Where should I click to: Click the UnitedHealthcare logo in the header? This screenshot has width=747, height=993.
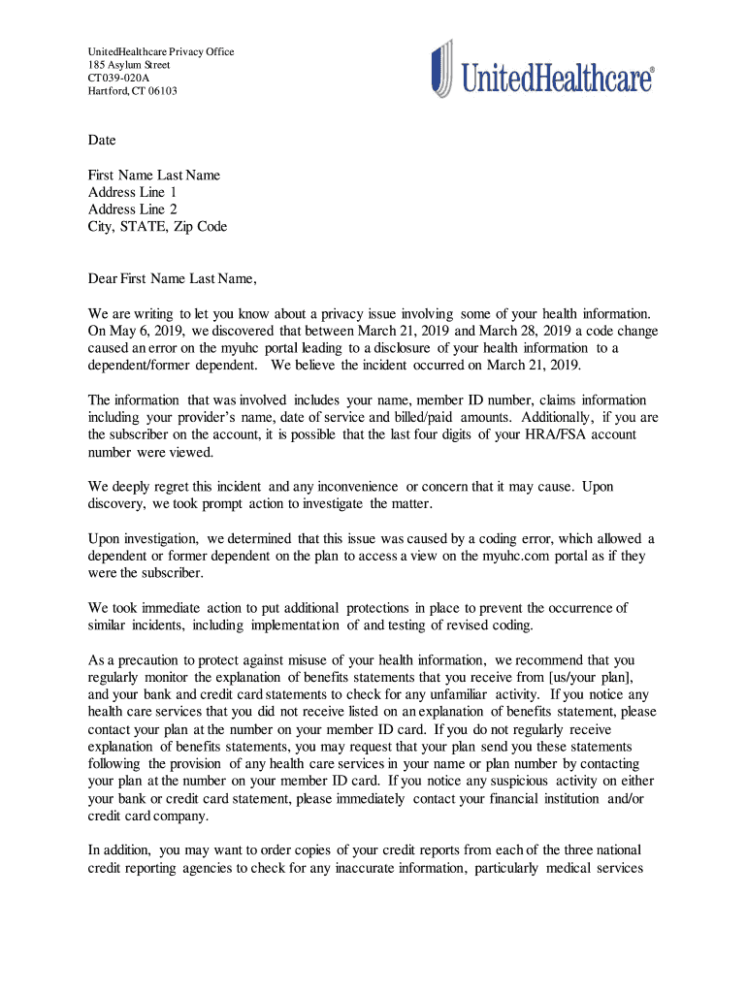[542, 69]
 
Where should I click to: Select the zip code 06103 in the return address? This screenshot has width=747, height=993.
[162, 91]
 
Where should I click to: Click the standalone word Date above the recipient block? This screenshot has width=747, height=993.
[102, 141]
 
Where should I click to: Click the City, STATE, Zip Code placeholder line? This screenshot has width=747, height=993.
[157, 227]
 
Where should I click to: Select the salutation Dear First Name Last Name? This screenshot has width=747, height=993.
[172, 280]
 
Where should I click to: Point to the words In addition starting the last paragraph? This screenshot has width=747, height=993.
[120, 850]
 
